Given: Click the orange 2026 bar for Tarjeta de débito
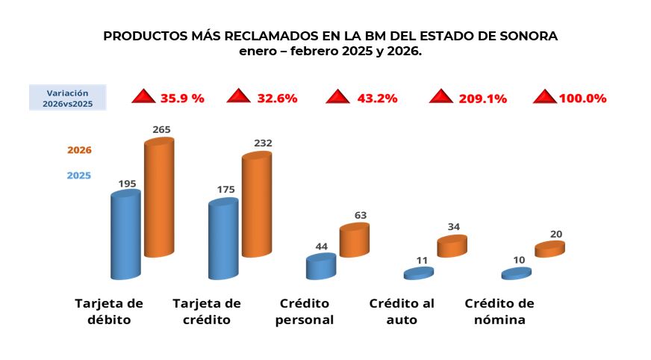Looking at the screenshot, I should point(158,198).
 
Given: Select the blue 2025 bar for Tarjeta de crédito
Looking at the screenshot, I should point(223,239).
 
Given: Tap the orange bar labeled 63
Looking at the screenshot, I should point(354,240).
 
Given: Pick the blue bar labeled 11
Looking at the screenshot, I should point(419,274).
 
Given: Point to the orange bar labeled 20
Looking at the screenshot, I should point(549,249).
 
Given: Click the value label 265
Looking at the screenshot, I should point(161,129).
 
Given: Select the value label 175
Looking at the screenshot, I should point(225,190).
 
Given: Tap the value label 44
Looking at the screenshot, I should point(322,246).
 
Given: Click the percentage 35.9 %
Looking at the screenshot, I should point(181,98).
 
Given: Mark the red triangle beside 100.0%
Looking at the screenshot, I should point(545,97).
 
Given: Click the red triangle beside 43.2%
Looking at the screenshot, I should point(338,97).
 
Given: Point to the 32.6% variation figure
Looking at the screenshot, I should point(277,98).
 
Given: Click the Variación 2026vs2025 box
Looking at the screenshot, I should point(67,98).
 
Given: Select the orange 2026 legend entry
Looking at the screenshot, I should point(79,150).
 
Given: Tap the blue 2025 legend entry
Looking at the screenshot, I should point(79,176).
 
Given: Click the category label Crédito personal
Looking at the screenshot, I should point(304,311).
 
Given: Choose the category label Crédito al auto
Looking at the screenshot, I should point(402,311).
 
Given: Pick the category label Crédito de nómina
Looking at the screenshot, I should point(499,311).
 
